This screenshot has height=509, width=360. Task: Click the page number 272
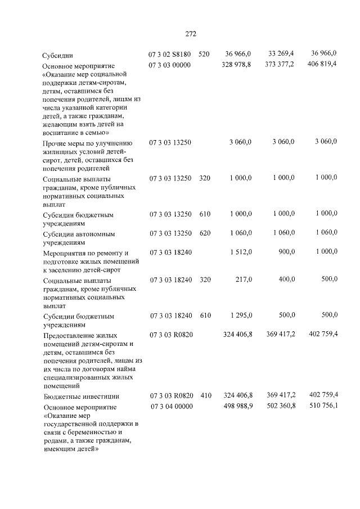coord(190,34)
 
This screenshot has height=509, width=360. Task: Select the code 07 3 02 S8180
coord(170,54)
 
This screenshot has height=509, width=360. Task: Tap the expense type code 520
coord(204,54)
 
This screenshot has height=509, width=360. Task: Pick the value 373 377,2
coord(280,65)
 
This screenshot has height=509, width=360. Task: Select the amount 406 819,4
coord(323,65)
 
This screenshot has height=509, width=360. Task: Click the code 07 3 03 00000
coord(170,65)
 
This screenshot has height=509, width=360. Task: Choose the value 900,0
coord(286,253)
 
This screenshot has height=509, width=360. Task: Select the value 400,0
coord(286,280)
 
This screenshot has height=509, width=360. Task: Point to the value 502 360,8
coord(280,406)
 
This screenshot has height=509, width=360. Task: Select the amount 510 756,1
coord(323,406)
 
